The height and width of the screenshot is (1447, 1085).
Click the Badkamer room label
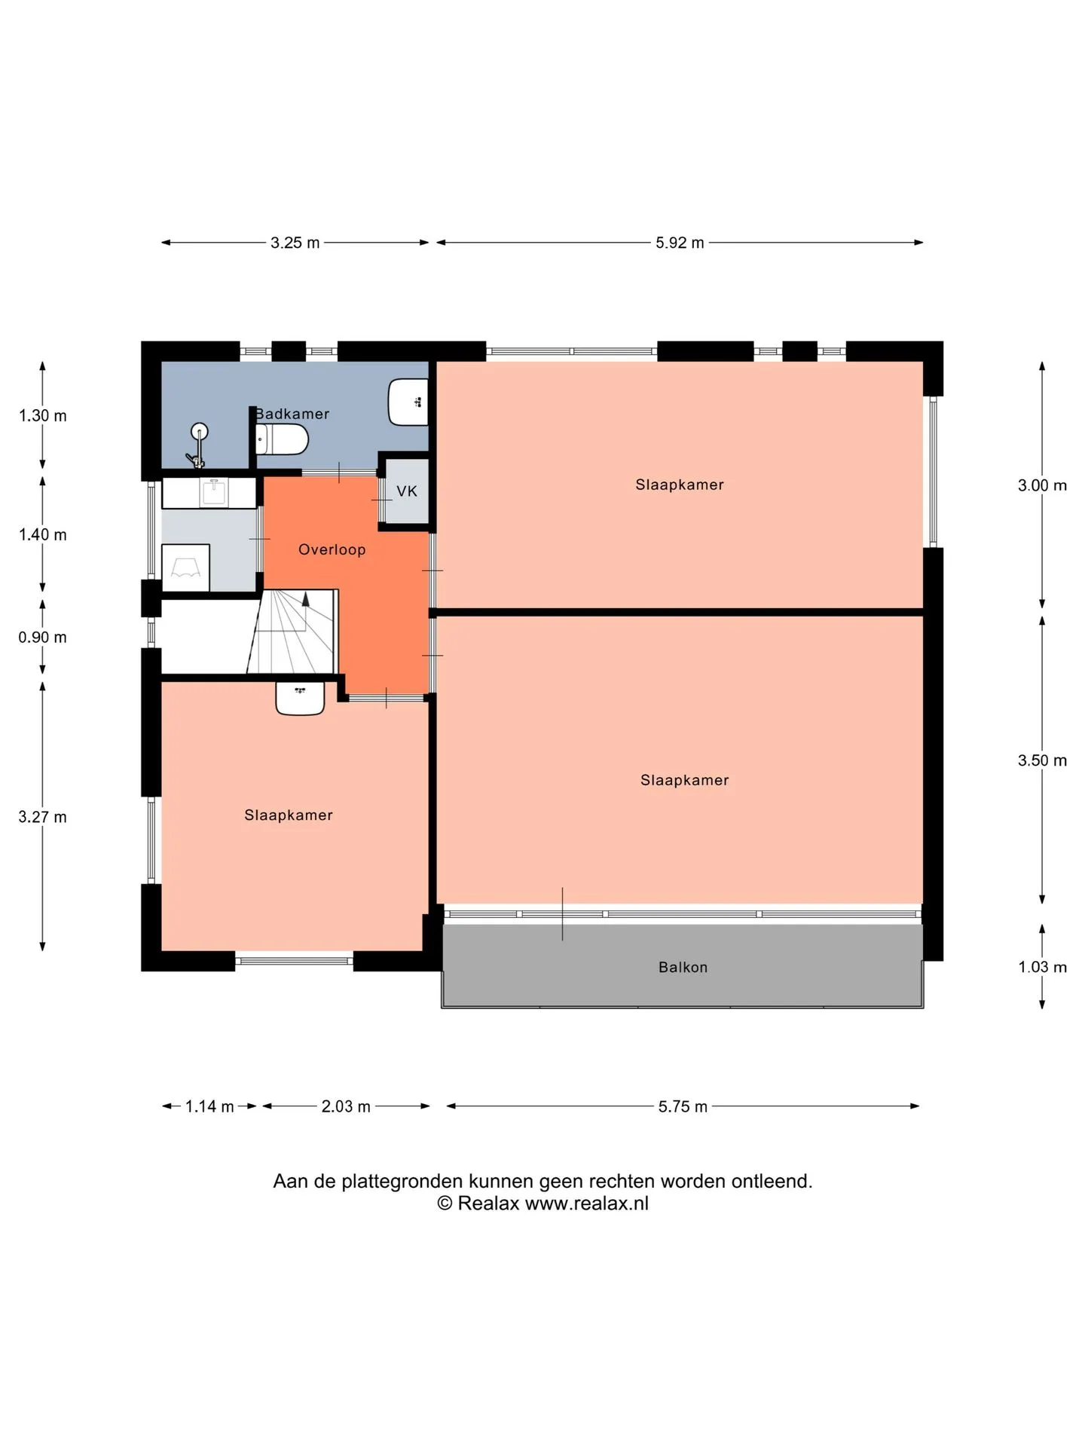point(292,414)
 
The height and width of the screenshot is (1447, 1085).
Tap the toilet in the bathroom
point(282,439)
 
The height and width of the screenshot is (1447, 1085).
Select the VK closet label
point(407,491)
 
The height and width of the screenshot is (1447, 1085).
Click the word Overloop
point(332,549)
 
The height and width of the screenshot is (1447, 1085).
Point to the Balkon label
point(683,967)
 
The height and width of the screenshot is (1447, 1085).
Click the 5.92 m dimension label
point(680,243)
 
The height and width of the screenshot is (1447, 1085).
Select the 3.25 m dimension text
point(295,243)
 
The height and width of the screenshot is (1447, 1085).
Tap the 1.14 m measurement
point(209,1106)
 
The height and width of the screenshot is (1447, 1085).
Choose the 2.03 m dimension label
point(346,1106)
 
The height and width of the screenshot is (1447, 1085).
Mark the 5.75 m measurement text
point(683,1106)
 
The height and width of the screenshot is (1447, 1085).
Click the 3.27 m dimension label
point(43,817)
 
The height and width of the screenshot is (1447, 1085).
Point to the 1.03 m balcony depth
point(1043,967)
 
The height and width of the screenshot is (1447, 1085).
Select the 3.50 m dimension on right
point(1043,760)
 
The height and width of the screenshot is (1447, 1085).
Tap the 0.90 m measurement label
point(43,638)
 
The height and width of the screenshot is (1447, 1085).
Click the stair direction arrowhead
point(306,599)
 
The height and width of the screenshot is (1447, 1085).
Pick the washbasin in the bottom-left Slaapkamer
point(300,698)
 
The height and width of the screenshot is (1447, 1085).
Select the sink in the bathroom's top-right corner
point(408,402)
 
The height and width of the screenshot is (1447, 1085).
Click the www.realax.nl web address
point(586,1203)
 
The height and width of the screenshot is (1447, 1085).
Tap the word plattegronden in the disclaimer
point(402,1181)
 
